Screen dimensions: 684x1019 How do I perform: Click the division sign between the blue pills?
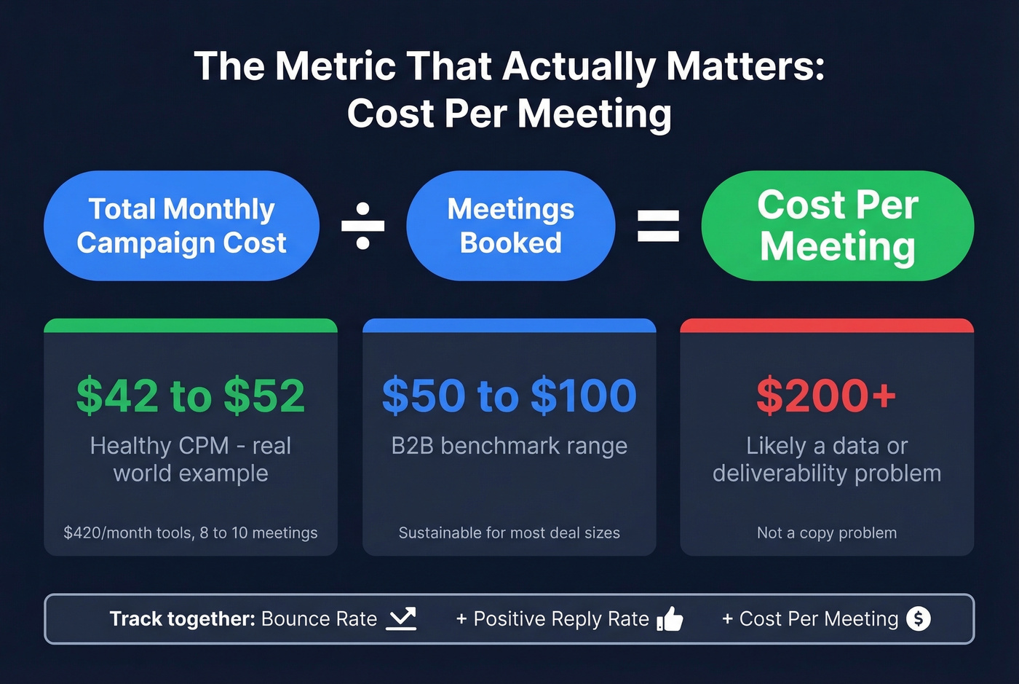pyautogui.click(x=362, y=226)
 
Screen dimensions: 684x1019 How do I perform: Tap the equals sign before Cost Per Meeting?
pyautogui.click(x=658, y=226)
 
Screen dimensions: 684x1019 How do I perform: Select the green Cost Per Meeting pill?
pyautogui.click(x=837, y=226)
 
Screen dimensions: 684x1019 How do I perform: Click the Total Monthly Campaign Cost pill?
pyautogui.click(x=181, y=226)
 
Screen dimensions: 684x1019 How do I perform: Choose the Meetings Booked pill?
pyautogui.click(x=510, y=226)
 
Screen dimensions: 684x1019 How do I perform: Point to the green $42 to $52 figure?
pyautogui.click(x=191, y=396)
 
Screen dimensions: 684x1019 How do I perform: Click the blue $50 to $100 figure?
pyautogui.click(x=509, y=396)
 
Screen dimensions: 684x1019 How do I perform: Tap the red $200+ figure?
pyautogui.click(x=826, y=396)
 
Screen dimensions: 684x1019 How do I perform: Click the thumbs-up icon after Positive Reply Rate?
pyautogui.click(x=670, y=619)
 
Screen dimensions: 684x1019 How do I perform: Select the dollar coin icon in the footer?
pyautogui.click(x=919, y=618)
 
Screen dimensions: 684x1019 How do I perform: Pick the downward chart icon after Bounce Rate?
pyautogui.click(x=401, y=618)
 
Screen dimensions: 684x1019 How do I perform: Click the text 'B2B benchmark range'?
pyautogui.click(x=509, y=446)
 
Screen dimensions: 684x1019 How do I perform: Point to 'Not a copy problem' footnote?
pyautogui.click(x=827, y=532)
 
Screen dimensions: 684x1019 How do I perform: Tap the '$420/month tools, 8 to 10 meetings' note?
pyautogui.click(x=191, y=532)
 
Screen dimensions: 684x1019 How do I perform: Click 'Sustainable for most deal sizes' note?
pyautogui.click(x=509, y=532)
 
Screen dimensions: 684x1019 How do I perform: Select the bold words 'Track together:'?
pyautogui.click(x=182, y=619)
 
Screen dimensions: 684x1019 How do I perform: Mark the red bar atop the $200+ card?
pyautogui.click(x=827, y=326)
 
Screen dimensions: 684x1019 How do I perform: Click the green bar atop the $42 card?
pyautogui.click(x=191, y=326)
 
